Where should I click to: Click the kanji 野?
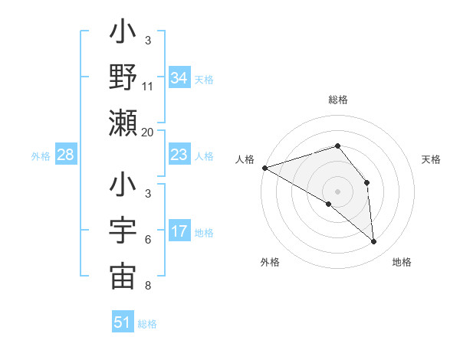pyautogui.click(x=123, y=77)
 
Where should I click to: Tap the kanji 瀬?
pyautogui.click(x=123, y=123)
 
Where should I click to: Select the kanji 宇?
pyautogui.click(x=123, y=231)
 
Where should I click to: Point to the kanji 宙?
pyautogui.click(x=123, y=277)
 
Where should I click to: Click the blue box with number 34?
pyautogui.click(x=179, y=78)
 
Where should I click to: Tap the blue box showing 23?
pyautogui.click(x=179, y=155)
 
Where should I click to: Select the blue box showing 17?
pyautogui.click(x=179, y=232)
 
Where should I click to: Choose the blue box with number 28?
pyautogui.click(x=65, y=155)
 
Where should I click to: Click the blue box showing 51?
pyautogui.click(x=123, y=322)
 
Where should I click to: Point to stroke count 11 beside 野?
pyautogui.click(x=148, y=87)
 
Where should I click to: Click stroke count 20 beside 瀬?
pyautogui.click(x=148, y=132)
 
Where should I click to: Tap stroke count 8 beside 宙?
pyautogui.click(x=148, y=286)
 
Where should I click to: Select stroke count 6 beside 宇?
pyautogui.click(x=148, y=240)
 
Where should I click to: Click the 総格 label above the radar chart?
pyautogui.click(x=337, y=100)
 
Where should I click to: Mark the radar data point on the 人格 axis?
pyautogui.click(x=264, y=167)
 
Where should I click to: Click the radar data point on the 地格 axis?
pyautogui.click(x=373, y=241)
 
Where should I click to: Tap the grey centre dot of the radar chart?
pyautogui.click(x=337, y=190)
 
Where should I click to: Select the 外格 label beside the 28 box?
pyautogui.click(x=40, y=156)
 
